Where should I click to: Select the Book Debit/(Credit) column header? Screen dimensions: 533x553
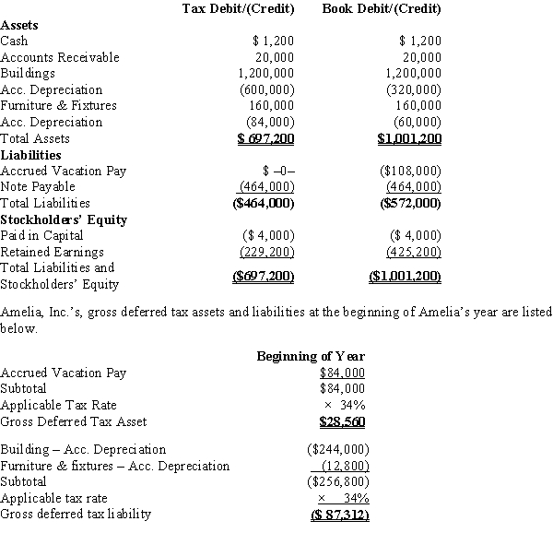(382, 9)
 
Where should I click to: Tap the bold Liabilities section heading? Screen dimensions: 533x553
(31, 155)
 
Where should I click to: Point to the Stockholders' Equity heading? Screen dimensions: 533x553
(64, 219)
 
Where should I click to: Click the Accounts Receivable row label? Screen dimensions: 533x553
(60, 57)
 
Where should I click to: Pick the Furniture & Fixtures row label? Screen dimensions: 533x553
(59, 106)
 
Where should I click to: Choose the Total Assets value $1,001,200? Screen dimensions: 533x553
(409, 139)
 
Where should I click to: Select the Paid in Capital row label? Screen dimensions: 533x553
(42, 236)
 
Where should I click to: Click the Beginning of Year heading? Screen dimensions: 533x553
(311, 357)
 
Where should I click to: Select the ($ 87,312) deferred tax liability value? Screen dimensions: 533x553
(336, 515)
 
